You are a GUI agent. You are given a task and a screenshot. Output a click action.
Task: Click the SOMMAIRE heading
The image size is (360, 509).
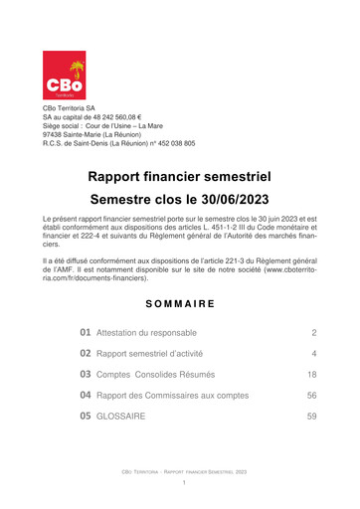[x=179, y=301]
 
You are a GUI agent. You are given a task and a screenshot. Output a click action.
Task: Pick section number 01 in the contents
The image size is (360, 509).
[x=87, y=332]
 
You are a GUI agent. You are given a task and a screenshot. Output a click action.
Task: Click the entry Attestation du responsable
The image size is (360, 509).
[x=146, y=332]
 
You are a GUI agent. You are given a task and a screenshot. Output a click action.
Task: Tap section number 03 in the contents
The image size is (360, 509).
[x=87, y=375]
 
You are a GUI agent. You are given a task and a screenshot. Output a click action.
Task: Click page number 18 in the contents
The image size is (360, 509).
[x=311, y=375]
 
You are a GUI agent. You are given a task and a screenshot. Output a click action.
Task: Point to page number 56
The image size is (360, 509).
[x=311, y=396]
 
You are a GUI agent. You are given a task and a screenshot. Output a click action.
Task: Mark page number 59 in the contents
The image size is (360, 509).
[x=311, y=417]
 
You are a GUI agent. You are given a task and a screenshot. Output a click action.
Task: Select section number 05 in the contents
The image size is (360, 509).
[x=87, y=417]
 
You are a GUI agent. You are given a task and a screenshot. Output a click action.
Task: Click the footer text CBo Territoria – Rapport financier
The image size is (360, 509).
[x=179, y=472]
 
